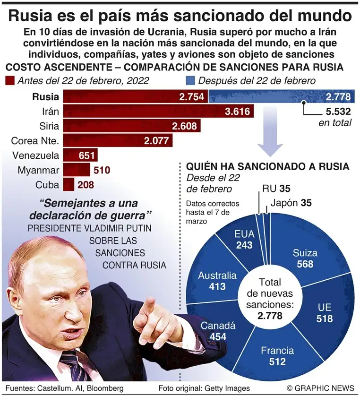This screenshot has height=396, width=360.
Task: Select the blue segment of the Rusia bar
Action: (265, 97)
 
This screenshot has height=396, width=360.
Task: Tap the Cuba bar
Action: (69, 184)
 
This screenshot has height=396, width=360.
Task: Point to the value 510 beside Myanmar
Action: (103, 170)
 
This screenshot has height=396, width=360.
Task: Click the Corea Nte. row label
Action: (35, 141)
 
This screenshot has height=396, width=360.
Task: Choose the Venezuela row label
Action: (35, 155)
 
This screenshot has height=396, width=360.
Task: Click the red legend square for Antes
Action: (9, 81)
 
